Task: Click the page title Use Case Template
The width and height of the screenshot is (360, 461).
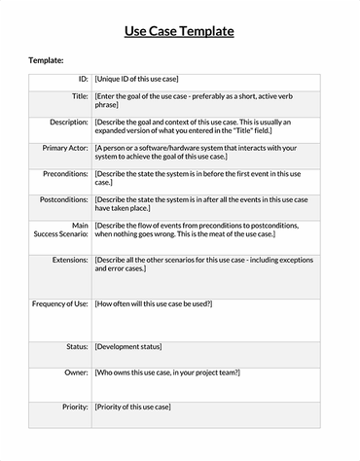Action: coord(179,31)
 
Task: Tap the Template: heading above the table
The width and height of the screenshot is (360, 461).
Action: coord(46,60)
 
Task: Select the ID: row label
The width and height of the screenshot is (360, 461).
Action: coord(83,79)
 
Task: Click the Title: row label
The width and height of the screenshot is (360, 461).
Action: coord(80,97)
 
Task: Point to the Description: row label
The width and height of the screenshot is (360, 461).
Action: coord(67,123)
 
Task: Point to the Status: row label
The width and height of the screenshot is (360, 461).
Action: coord(77,347)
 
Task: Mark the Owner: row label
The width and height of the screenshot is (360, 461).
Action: coord(76,372)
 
